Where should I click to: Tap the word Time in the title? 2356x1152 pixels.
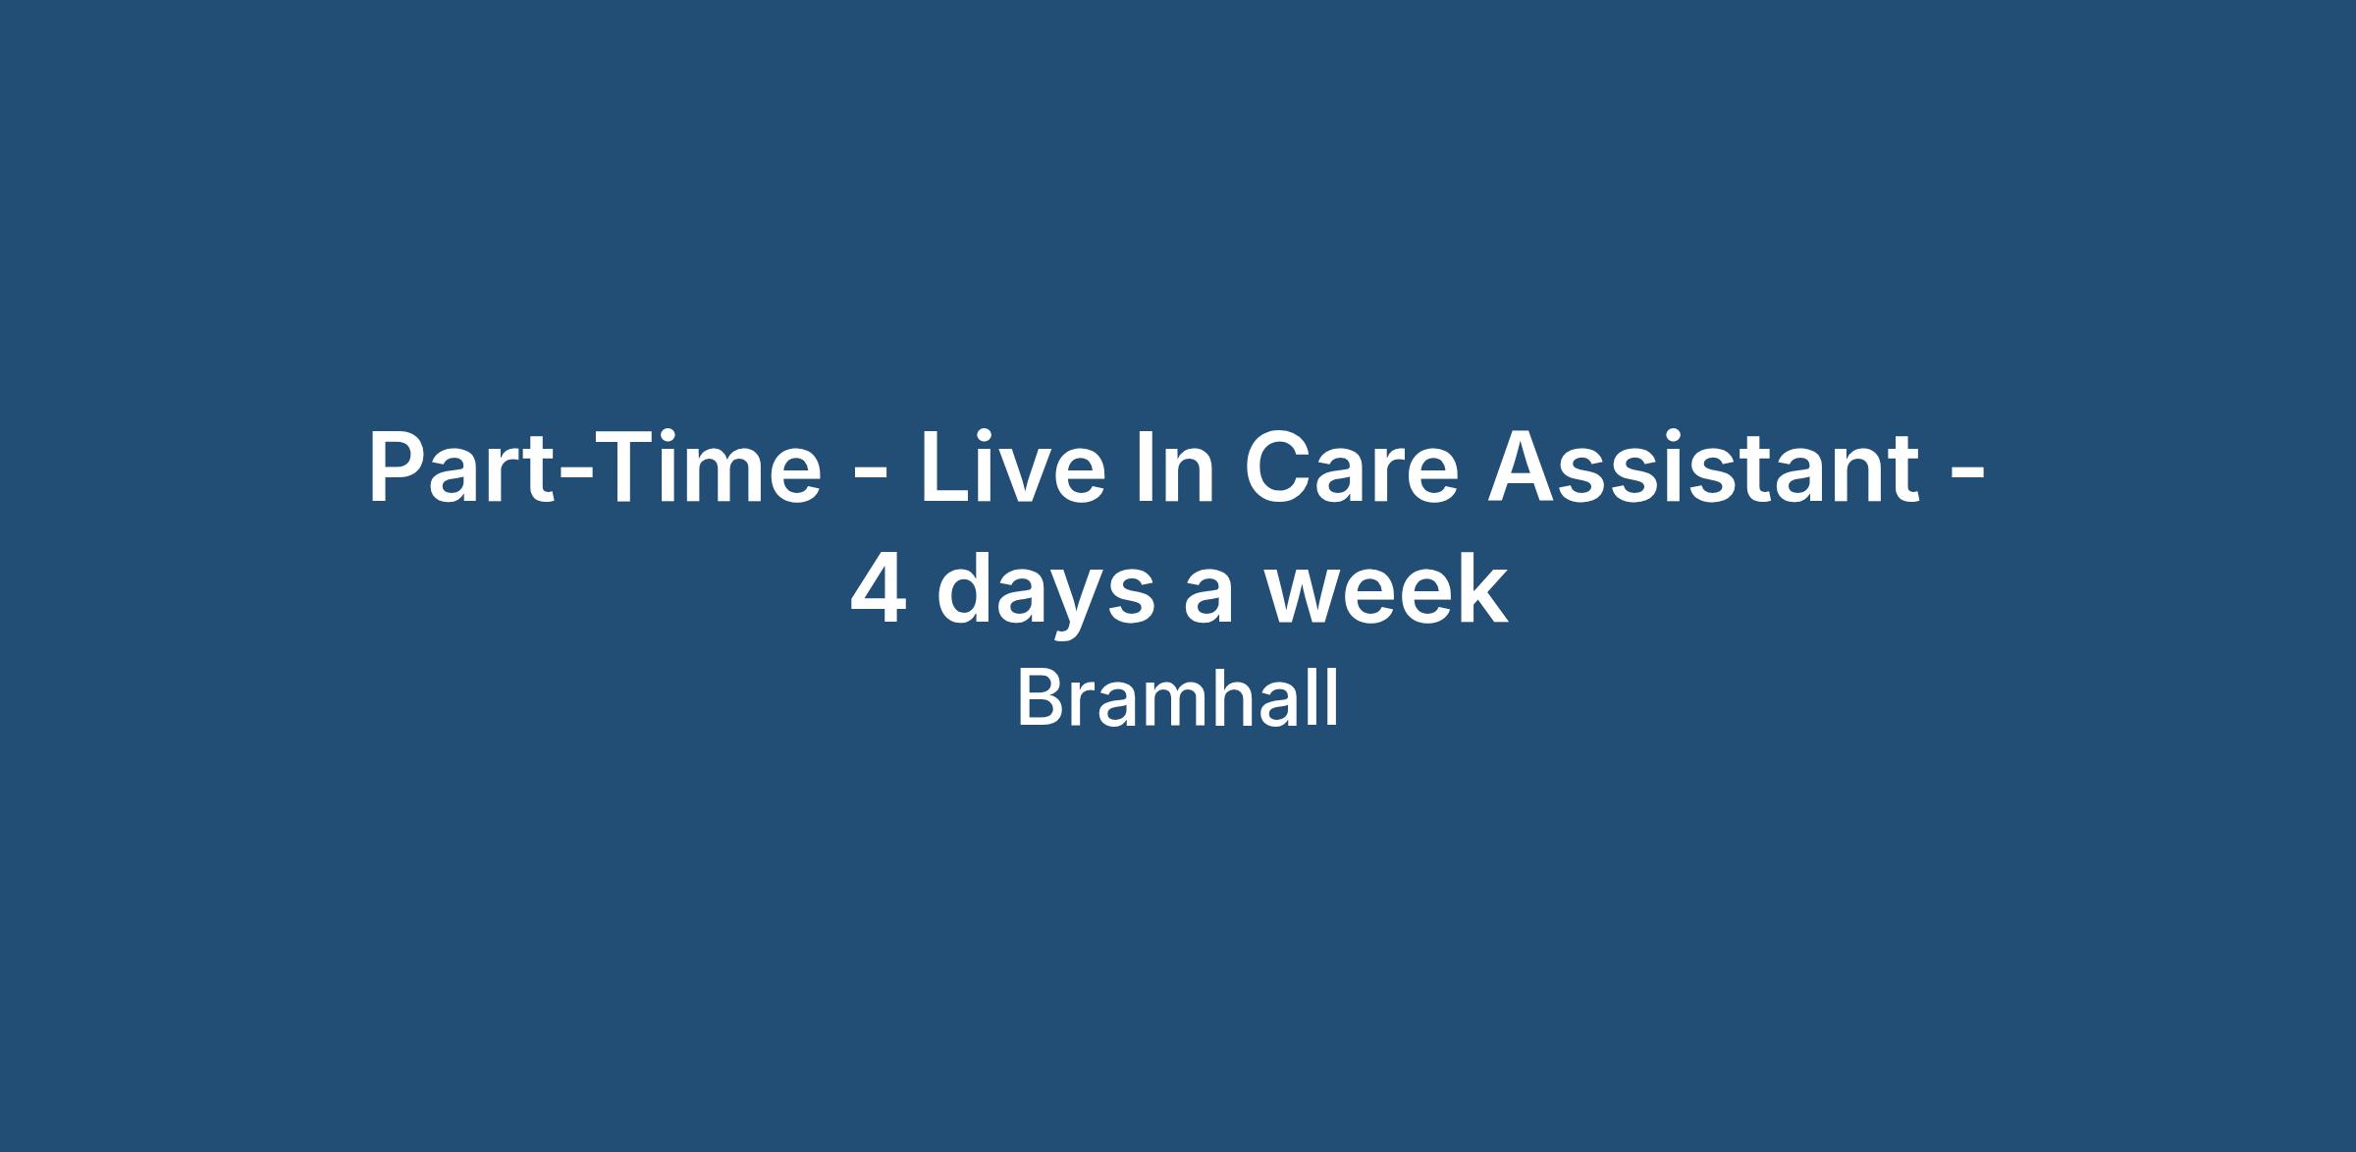[706, 467]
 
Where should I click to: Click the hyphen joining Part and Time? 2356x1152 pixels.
[571, 475]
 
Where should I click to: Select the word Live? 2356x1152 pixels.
[1012, 467]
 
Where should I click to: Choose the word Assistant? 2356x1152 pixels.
[1704, 467]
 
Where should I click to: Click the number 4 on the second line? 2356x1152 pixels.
[878, 589]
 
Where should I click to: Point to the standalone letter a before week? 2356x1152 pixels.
[1207, 598]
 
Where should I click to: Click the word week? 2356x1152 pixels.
[1385, 588]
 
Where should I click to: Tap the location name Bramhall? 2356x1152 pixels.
[1178, 698]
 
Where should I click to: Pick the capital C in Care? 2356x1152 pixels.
[1277, 467]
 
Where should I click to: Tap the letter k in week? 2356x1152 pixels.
[1481, 588]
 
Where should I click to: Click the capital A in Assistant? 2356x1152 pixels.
[1525, 467]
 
